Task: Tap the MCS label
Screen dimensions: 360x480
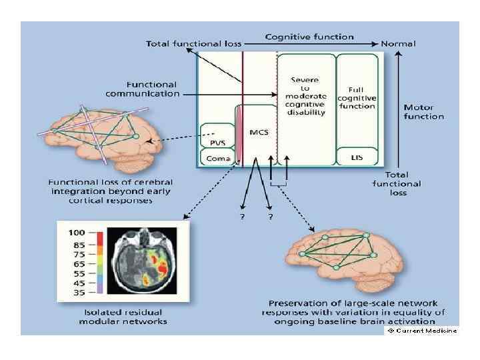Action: (259, 132)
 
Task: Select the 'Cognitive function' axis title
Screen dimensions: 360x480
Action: (309, 37)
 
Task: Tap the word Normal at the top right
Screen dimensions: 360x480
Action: (398, 44)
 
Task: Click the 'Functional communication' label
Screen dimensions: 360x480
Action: (151, 89)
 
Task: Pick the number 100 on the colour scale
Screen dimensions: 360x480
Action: (78, 234)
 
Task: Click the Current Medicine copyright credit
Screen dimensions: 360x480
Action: (421, 331)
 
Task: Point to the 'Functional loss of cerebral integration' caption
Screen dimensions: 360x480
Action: (110, 190)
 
